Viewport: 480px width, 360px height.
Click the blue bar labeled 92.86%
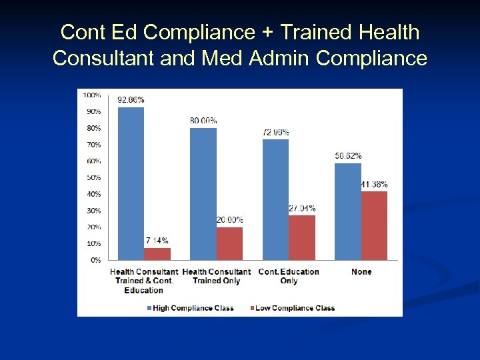pyautogui.click(x=131, y=183)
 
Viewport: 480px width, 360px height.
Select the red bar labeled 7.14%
pyautogui.click(x=157, y=254)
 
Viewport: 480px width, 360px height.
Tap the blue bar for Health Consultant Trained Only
pyautogui.click(x=203, y=193)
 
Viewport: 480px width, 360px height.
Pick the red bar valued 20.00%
pyautogui.click(x=230, y=243)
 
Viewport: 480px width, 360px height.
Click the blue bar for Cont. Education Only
pyautogui.click(x=275, y=199)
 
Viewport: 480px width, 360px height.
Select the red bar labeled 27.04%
pyautogui.click(x=302, y=237)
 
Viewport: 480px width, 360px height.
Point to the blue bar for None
pyautogui.click(x=348, y=211)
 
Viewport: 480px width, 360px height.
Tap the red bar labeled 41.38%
pyautogui.click(x=374, y=225)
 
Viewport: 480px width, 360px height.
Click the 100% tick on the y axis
pyautogui.click(x=92, y=95)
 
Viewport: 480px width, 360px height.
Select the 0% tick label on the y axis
pyautogui.click(x=95, y=260)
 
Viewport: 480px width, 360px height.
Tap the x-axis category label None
pyautogui.click(x=361, y=272)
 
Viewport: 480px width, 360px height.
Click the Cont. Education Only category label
pyautogui.click(x=289, y=276)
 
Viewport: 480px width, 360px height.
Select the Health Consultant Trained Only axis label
pyautogui.click(x=216, y=276)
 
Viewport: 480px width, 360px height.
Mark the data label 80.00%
pyautogui.click(x=203, y=121)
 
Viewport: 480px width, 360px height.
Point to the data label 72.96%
pyautogui.click(x=275, y=133)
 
